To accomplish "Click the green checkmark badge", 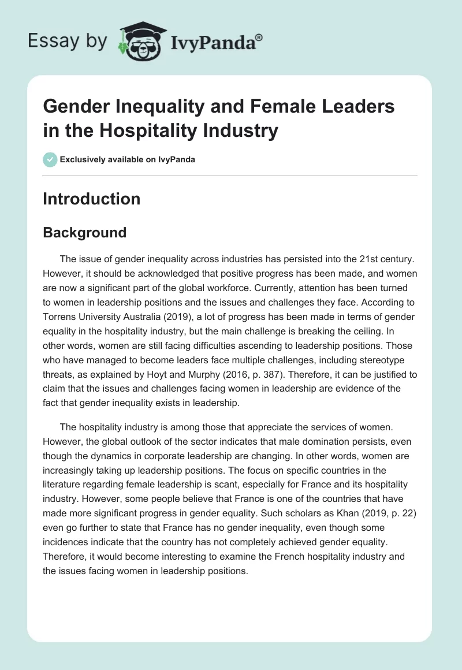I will (x=50, y=159).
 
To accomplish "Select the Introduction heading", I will (x=91, y=199).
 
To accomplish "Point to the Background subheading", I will (x=84, y=232).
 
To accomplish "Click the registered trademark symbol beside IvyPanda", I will (x=259, y=36).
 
